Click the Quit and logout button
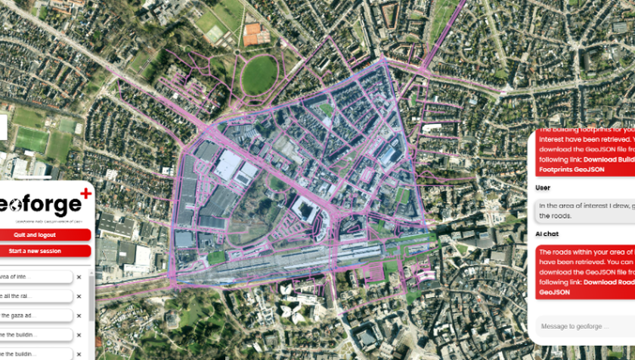45,235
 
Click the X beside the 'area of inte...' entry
79,277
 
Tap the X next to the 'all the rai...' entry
79,296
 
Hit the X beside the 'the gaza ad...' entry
79,315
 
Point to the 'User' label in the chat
542,188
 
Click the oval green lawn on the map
259,75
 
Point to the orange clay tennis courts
256,33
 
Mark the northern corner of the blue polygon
384,60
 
